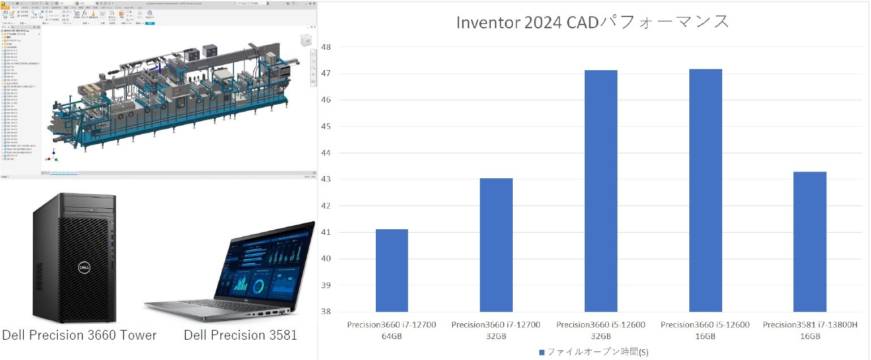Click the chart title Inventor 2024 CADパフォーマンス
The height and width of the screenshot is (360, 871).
[593, 22]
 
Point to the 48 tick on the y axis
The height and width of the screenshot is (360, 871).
[326, 47]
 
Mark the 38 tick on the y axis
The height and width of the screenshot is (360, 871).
[326, 312]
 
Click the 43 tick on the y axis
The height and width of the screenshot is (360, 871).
[326, 179]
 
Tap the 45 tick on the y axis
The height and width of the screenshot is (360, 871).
[326, 126]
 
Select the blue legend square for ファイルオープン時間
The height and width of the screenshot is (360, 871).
[542, 352]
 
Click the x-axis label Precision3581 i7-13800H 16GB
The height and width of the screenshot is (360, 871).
[810, 331]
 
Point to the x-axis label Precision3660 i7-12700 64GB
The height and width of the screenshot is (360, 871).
[392, 331]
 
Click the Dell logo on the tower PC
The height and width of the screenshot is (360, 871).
[84, 266]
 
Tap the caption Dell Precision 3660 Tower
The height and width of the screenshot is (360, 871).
[79, 335]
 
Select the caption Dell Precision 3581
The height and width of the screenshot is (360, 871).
[241, 335]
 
